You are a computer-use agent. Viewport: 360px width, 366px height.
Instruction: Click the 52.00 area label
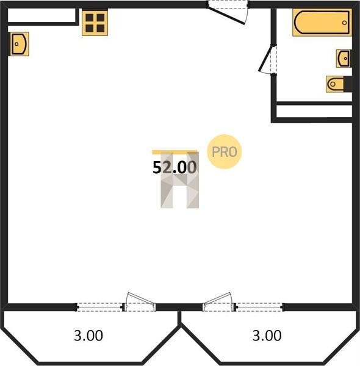(x=175, y=167)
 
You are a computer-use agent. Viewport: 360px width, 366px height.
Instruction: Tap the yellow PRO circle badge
(x=225, y=152)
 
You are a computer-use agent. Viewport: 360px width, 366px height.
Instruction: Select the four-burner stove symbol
(x=95, y=23)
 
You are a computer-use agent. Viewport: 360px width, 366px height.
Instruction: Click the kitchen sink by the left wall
(x=20, y=44)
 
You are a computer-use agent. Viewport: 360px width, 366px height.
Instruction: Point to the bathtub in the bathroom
(x=322, y=23)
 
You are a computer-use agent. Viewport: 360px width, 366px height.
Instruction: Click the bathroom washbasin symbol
(x=344, y=59)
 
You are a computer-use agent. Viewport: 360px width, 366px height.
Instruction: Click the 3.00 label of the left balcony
(x=88, y=335)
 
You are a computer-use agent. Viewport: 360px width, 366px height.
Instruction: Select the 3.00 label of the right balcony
(x=267, y=335)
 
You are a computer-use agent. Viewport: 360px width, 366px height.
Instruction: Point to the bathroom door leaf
(x=265, y=58)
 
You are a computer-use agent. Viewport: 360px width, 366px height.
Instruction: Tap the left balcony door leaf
(x=140, y=301)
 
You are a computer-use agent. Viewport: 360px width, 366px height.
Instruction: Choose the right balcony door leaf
(x=218, y=301)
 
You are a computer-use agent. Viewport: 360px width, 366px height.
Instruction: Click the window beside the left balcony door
(x=99, y=307)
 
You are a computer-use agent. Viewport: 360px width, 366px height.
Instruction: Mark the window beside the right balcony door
(x=259, y=307)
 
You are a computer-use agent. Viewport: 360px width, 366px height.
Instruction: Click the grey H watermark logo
(x=180, y=180)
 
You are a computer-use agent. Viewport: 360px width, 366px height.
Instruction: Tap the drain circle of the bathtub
(x=344, y=23)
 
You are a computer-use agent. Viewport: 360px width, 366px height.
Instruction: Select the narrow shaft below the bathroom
(x=314, y=111)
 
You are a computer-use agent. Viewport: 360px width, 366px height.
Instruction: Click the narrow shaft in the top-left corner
(x=41, y=15)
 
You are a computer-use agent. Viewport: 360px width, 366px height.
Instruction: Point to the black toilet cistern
(x=348, y=84)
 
